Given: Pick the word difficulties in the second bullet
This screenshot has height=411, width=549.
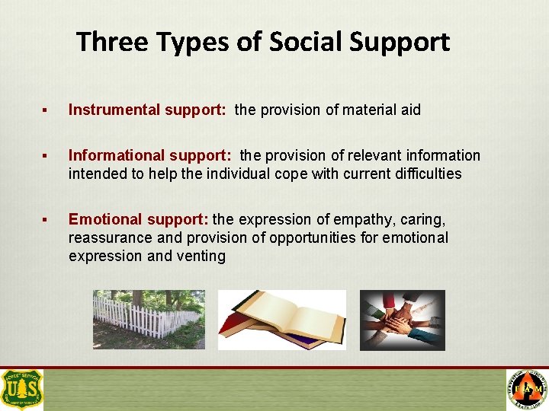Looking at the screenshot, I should coord(423,174).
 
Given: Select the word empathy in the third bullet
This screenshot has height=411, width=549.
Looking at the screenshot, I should coord(358,220).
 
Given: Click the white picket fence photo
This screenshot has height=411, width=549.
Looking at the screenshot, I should coord(149,320).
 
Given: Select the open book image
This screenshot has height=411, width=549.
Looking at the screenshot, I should coord(281,320).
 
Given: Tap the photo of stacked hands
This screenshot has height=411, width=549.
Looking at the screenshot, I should coord(402,320).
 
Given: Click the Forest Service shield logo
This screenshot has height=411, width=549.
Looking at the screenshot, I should coord(22,389).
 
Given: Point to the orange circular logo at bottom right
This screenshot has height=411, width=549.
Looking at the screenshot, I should coord(527,390).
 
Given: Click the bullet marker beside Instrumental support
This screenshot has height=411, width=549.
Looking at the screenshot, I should coord(47,110).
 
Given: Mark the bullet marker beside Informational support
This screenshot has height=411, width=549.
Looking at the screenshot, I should coord(47,156).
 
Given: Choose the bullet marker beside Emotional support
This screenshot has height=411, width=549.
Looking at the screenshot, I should coord(47,220).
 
